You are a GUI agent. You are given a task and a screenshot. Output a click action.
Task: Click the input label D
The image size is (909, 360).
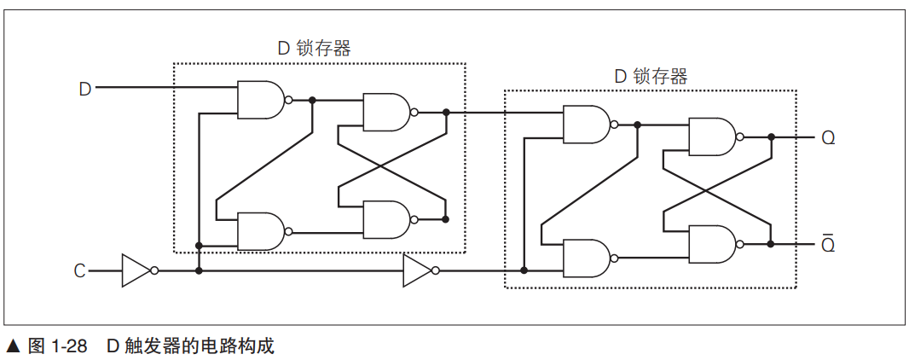[84, 88]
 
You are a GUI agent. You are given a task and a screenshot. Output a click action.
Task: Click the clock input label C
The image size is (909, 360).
[79, 271]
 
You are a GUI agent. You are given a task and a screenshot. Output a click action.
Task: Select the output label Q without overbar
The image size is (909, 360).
[828, 137]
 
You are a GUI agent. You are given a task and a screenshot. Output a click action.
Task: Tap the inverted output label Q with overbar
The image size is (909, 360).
[828, 245]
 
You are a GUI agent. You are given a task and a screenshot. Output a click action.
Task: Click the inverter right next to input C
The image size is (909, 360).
[136, 270]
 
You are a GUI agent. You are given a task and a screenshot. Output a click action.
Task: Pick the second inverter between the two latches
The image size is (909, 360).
[418, 270]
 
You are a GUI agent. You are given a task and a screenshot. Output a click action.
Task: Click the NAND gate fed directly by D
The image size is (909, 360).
[260, 100]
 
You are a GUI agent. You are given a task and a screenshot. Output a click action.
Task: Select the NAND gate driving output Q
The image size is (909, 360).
[711, 136]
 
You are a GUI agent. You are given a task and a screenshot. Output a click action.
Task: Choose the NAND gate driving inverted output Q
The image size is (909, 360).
[711, 244]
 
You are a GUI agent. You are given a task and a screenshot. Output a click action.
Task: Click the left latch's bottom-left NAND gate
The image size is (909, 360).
[260, 231]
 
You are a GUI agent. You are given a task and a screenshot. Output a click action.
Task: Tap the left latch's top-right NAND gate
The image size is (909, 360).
[385, 112]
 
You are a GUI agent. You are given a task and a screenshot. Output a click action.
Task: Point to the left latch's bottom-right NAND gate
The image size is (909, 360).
[385, 219]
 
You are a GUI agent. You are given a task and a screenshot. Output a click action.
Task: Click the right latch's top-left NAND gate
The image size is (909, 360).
[586, 125]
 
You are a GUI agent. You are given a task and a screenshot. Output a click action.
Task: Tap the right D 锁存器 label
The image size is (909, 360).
[651, 76]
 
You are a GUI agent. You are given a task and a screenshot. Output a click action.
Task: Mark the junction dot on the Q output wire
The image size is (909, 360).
[771, 136]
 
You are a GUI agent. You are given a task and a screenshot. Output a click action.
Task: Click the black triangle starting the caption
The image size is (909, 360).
[13, 346]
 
